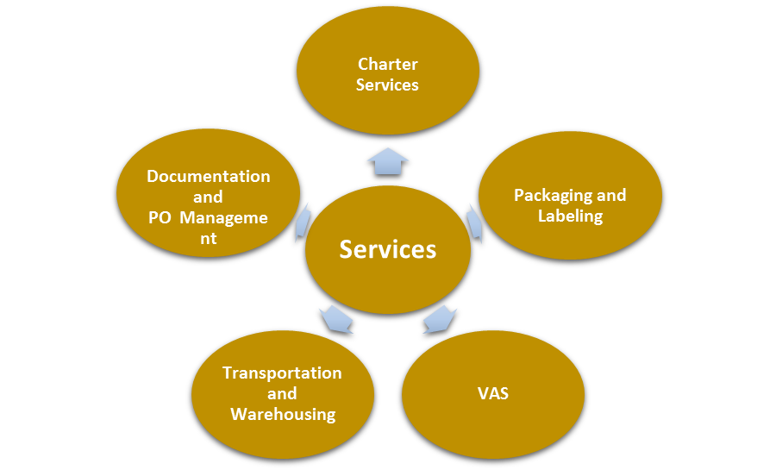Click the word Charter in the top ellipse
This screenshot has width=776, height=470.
pyautogui.click(x=388, y=65)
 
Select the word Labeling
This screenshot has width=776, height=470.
pyautogui.click(x=570, y=216)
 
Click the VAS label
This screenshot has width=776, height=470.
pyautogui.click(x=493, y=394)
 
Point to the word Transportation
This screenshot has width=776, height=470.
pyautogui.click(x=282, y=373)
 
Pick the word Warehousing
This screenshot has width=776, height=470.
pyautogui.click(x=283, y=415)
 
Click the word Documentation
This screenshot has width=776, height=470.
pyautogui.click(x=209, y=177)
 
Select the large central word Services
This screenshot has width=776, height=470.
pyautogui.click(x=388, y=249)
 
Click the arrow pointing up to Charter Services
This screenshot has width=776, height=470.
pyautogui.click(x=388, y=160)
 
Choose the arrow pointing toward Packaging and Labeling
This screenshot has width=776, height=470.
pyautogui.click(x=473, y=222)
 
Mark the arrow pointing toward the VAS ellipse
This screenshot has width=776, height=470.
pyautogui.click(x=440, y=318)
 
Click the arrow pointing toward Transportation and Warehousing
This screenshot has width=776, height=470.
pyautogui.click(x=335, y=318)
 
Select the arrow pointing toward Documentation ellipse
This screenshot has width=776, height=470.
pyautogui.click(x=303, y=222)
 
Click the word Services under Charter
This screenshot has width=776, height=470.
pyautogui.click(x=388, y=85)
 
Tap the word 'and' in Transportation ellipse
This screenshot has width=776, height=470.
pyautogui.click(x=282, y=394)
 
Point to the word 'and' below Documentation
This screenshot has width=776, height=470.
pyautogui.click(x=209, y=197)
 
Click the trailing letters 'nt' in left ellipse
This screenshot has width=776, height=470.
pyautogui.click(x=209, y=239)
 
